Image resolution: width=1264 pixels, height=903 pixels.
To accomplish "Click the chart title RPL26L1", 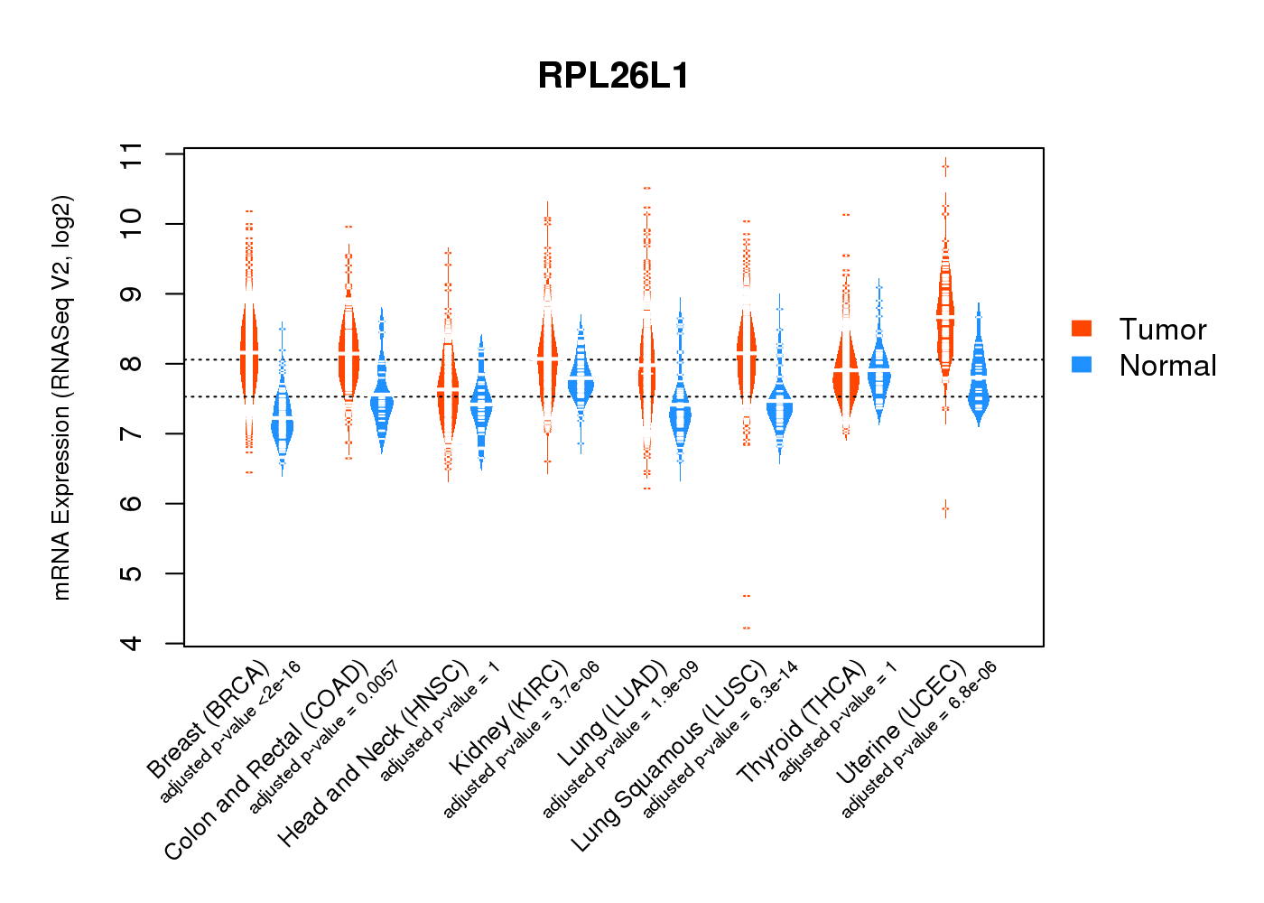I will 613,76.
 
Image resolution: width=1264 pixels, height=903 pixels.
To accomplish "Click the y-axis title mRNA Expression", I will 61,397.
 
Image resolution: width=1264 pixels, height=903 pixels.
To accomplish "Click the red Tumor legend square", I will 1081,329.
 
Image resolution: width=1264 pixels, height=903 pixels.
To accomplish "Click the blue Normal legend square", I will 1081,365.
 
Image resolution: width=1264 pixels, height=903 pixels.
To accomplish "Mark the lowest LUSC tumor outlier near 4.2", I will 746,628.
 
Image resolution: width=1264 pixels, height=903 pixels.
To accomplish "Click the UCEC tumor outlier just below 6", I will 945,509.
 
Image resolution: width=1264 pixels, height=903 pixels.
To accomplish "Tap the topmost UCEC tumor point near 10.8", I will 945,166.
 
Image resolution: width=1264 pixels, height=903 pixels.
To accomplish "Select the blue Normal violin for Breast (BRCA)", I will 283,424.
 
